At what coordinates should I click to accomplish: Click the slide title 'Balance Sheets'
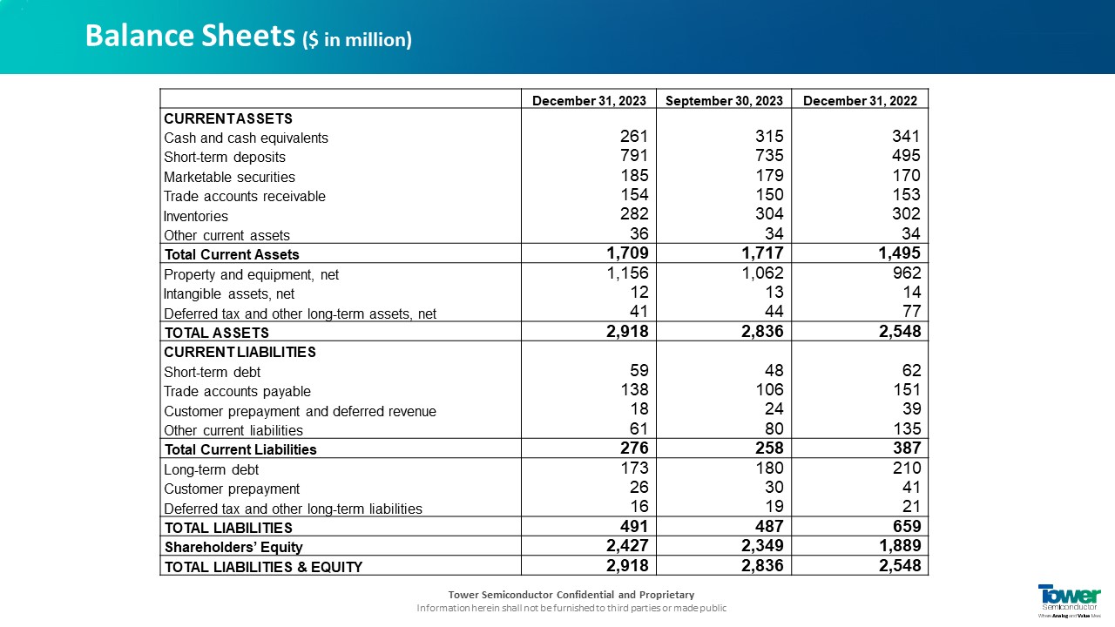pos(190,37)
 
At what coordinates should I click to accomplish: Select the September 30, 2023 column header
pos(724,101)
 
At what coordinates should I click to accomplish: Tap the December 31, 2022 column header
pos(860,101)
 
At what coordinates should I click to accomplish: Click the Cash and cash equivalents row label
pos(246,138)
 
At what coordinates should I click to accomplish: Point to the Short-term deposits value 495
pos(905,156)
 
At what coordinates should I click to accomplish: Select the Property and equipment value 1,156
pos(627,273)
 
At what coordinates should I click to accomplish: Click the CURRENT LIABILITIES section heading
pos(240,353)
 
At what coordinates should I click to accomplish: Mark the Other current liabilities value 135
pos(905,428)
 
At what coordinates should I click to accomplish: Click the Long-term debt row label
pos(212,470)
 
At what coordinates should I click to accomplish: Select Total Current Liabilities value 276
pos(633,448)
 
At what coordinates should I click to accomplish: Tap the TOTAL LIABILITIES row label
pos(228,528)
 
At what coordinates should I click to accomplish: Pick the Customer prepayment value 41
pos(911,488)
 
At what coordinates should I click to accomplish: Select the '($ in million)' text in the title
pos(357,40)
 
